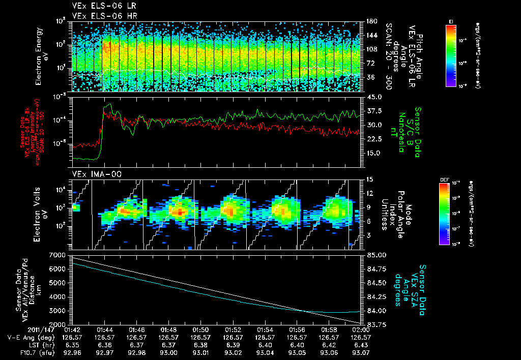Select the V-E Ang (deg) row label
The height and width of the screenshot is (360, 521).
pyautogui.click(x=29, y=337)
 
